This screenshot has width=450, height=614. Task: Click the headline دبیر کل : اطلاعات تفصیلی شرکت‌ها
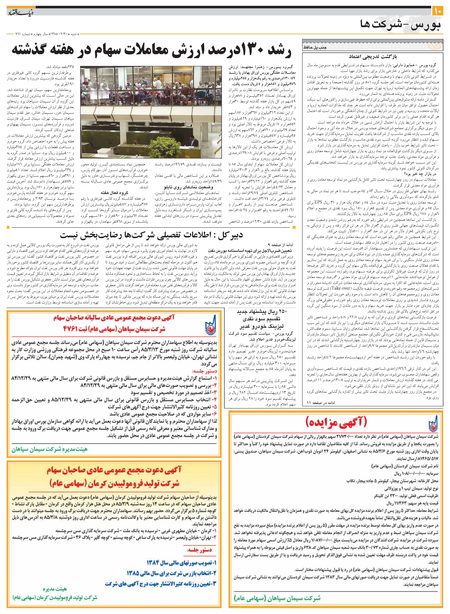(x=151, y=235)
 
